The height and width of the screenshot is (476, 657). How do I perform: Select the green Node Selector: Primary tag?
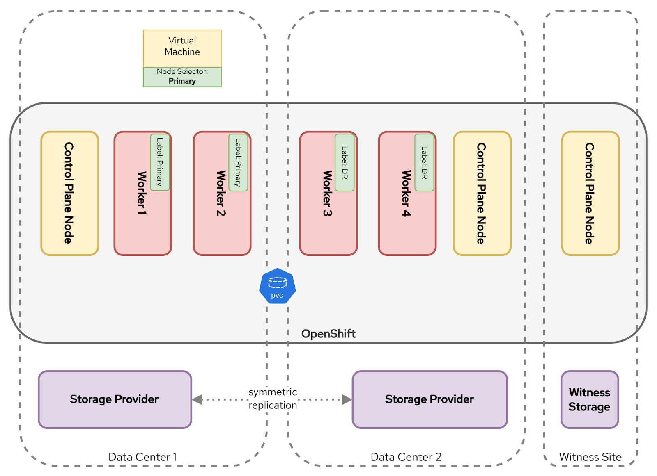pos(182,77)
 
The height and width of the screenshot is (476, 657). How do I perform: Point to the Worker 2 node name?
pos(221,193)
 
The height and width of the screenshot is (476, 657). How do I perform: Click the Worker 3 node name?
pos(327,193)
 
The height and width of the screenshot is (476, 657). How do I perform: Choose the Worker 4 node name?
pos(406,193)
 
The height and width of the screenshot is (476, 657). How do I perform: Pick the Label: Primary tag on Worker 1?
pos(160,162)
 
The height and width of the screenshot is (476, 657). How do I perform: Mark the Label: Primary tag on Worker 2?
pos(238,162)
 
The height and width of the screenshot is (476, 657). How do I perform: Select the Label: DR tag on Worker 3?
pos(345,162)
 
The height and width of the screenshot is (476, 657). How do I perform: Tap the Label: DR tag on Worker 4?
pos(424,162)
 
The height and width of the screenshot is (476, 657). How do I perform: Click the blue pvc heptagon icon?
pos(277,286)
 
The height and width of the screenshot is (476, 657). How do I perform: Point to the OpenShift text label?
pos(328,334)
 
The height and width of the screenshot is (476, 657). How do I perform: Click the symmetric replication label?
pos(273,399)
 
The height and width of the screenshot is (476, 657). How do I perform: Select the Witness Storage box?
pos(589,399)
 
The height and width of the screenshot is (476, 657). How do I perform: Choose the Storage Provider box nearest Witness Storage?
pos(430,399)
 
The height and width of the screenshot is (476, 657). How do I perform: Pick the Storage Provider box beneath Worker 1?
pos(115,399)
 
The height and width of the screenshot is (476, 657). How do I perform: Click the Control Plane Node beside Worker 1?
pos(69,193)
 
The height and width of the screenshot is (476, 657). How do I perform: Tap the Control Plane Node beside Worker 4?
pos(482,193)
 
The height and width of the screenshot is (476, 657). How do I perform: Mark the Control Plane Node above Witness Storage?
pos(590,193)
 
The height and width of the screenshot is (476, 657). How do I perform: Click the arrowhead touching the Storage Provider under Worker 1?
pos(198,399)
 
